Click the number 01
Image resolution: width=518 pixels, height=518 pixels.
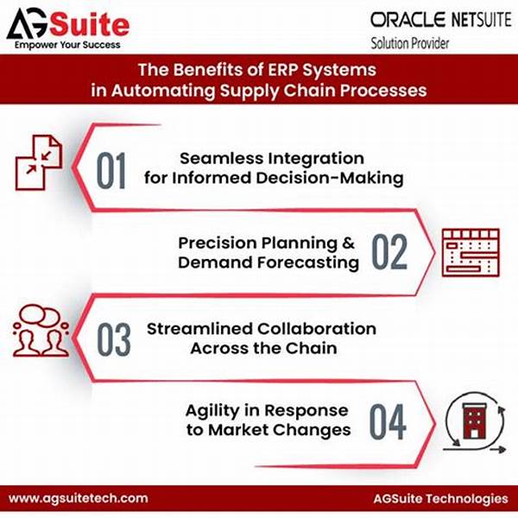coord(111,170)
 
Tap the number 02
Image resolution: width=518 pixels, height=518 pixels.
coord(390,252)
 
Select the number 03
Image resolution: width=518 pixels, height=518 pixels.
coord(114,339)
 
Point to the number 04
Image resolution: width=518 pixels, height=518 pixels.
coord(388,422)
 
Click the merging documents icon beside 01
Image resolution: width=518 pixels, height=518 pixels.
coord(39,162)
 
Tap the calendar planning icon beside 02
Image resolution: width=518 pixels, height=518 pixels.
coord(471,252)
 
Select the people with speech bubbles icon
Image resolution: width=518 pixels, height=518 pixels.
coord(41,331)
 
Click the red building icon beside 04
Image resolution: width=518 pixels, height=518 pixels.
coord(474,421)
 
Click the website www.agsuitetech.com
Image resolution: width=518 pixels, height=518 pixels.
coord(79,498)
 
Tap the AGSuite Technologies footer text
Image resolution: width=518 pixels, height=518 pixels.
coord(440,498)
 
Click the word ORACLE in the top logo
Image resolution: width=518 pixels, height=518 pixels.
coord(408,20)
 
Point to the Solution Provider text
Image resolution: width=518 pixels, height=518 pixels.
coord(409,43)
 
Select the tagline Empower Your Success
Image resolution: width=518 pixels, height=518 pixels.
coord(67,45)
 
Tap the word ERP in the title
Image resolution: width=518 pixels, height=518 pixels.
coord(282,70)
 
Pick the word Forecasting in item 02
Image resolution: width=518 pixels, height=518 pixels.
coord(308,263)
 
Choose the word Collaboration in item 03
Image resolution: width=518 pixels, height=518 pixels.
coord(317,329)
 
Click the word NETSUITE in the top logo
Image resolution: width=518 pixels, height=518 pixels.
coord(482,20)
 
